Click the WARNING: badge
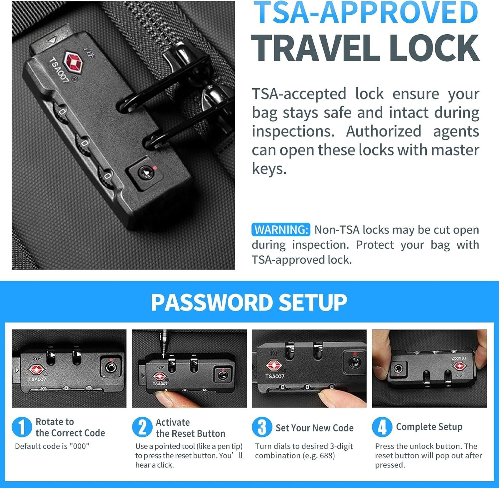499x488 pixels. [281, 230]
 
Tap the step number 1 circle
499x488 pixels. [21, 427]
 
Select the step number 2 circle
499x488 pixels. [142, 427]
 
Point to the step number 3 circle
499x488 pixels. [262, 427]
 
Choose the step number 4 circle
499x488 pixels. [382, 427]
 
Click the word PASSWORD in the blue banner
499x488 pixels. [211, 302]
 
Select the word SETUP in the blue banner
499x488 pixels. [313, 302]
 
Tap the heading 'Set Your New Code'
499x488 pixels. [314, 428]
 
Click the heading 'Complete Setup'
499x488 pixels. [429, 427]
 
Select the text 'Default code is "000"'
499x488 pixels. [52, 446]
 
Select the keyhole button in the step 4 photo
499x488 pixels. [398, 368]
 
